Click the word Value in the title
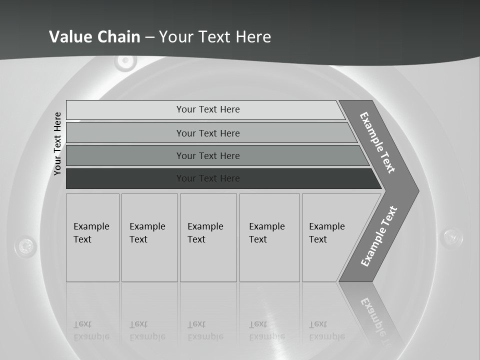point(69,37)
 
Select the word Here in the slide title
point(253,37)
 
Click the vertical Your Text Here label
point(57,143)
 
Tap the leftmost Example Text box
point(92,237)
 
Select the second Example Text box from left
point(149,237)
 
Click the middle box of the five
point(208,237)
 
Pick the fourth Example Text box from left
point(269,237)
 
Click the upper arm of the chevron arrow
point(378,142)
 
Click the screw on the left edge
point(25,245)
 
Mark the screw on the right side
point(453,235)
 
